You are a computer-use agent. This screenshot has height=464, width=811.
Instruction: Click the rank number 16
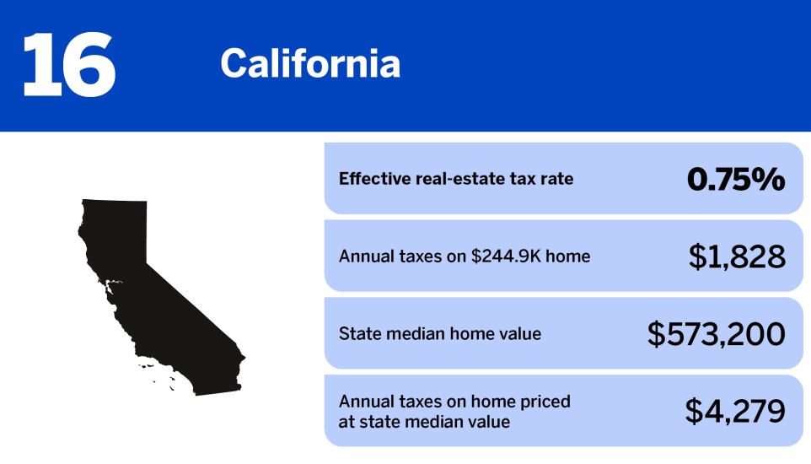[68, 64]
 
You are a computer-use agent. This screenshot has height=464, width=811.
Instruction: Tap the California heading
[310, 64]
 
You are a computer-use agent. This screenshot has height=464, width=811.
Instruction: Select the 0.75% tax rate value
[736, 179]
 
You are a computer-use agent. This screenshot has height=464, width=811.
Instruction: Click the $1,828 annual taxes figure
[737, 256]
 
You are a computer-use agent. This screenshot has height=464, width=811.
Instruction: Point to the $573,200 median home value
[716, 334]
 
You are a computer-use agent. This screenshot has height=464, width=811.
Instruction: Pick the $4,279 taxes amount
[735, 411]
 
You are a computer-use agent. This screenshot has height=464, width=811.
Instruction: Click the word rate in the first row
[557, 179]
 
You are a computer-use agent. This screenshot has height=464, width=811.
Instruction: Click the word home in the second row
[569, 256]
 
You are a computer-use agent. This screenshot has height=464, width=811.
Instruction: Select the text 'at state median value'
[424, 421]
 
